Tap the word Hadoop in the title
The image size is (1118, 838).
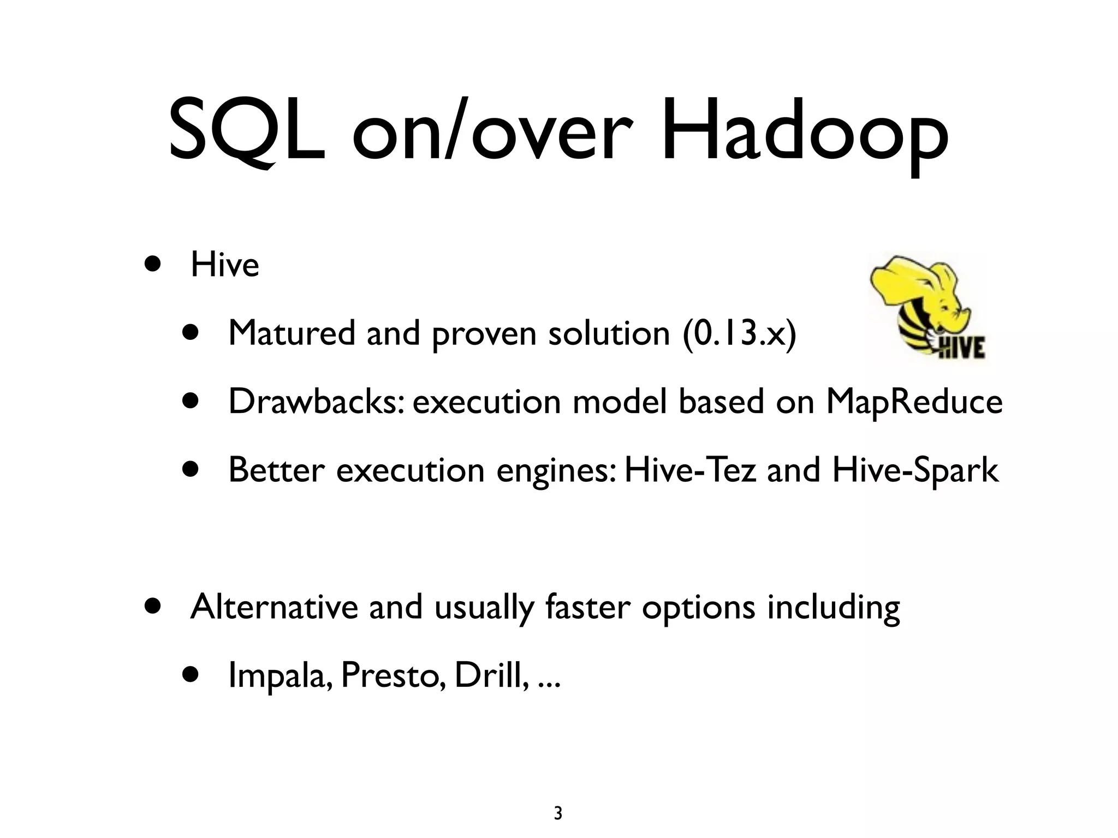coord(805,134)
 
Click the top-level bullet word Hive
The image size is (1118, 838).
coord(224,265)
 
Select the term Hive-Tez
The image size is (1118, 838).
coord(690,470)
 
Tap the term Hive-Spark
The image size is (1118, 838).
coord(915,470)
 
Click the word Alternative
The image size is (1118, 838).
coord(273,607)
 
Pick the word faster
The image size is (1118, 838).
coord(587,607)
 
